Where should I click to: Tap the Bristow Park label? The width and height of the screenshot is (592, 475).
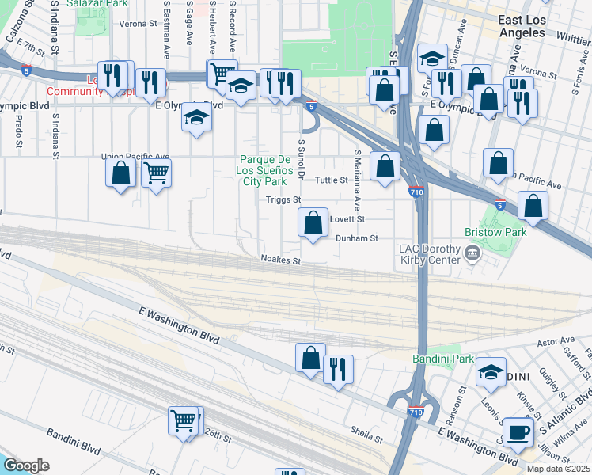pos(504,232)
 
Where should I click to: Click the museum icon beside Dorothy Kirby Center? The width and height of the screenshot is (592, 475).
pos(472,253)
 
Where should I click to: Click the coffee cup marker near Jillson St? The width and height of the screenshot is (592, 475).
pos(518,432)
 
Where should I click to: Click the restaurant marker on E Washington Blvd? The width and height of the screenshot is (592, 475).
pos(338,369)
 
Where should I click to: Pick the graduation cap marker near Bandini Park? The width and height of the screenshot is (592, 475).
pos(491,372)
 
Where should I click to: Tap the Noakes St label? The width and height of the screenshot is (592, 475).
pos(281,260)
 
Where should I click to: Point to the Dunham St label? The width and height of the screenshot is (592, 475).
pos(357,237)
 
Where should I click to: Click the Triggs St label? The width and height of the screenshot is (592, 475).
pos(283,200)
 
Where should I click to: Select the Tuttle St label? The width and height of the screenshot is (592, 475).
pos(332,180)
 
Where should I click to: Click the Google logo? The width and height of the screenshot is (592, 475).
pos(26,465)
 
